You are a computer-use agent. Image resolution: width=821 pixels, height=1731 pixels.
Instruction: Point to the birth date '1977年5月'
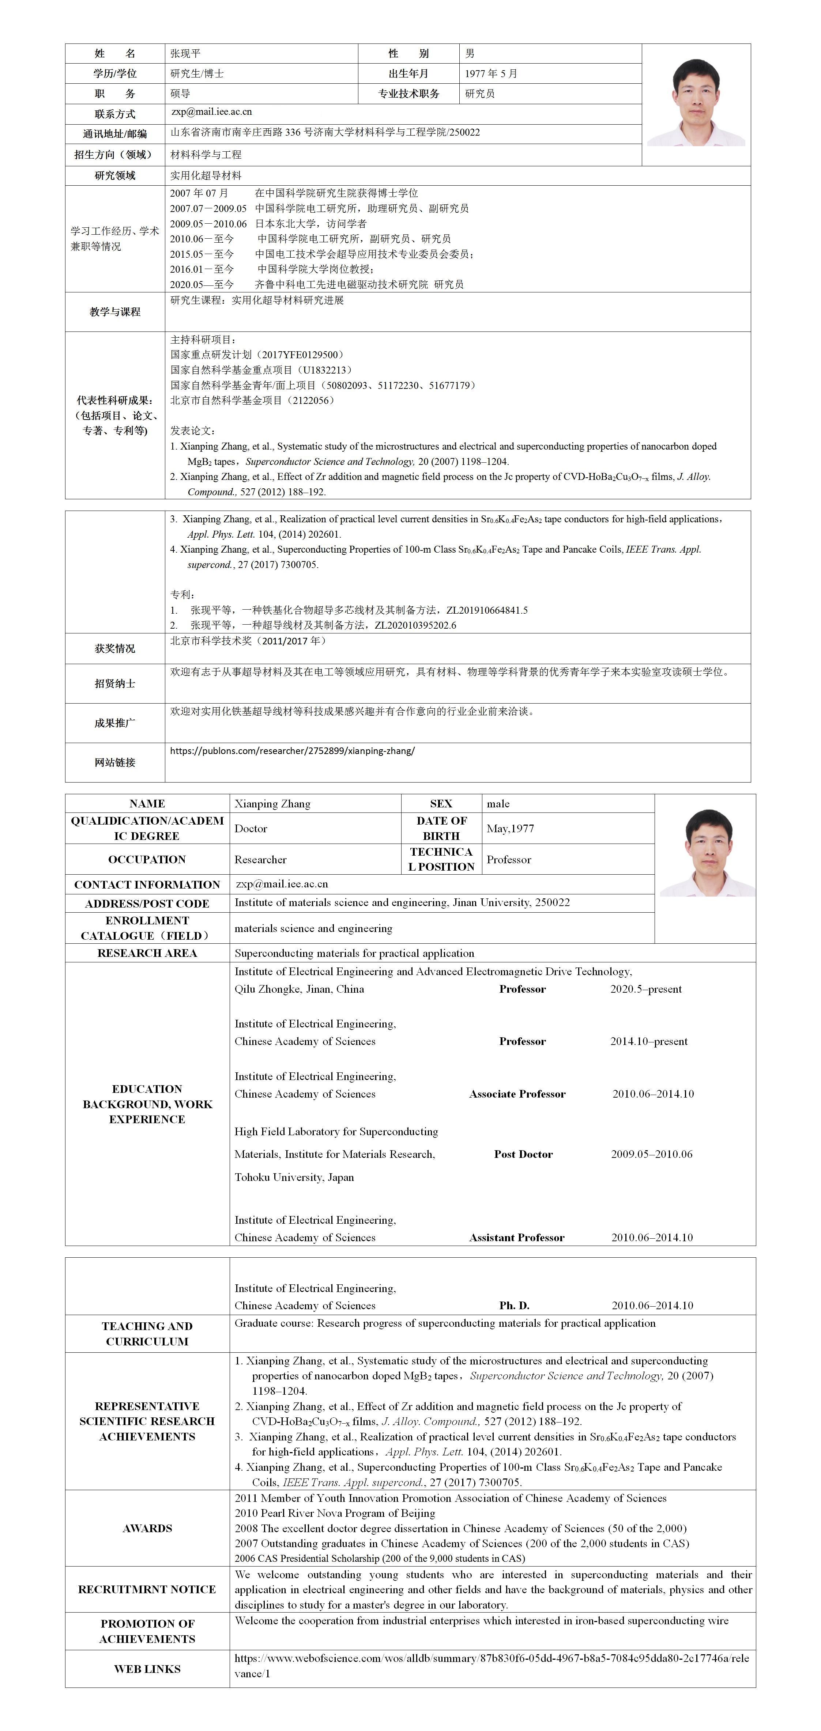click(491, 73)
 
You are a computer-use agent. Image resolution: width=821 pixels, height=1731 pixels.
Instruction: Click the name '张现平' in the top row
click(185, 53)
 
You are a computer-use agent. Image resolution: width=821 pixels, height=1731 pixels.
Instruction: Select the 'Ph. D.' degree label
click(515, 1306)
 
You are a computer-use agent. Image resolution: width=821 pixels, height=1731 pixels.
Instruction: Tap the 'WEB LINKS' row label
click(147, 1669)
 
